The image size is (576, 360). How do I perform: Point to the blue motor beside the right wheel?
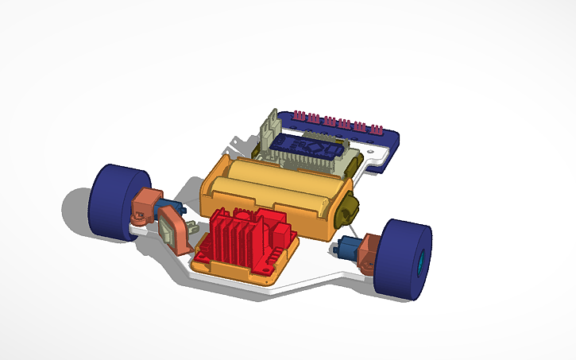(x=347, y=248)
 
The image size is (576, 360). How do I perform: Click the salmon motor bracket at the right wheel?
(x=368, y=253)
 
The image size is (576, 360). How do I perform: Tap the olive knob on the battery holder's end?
(x=348, y=210)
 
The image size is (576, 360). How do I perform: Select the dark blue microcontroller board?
(x=306, y=146)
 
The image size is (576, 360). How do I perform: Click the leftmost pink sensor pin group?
(x=300, y=117)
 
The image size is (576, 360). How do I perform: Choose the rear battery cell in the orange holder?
(x=282, y=176)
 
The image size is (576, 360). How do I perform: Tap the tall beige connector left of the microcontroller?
(x=268, y=132)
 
